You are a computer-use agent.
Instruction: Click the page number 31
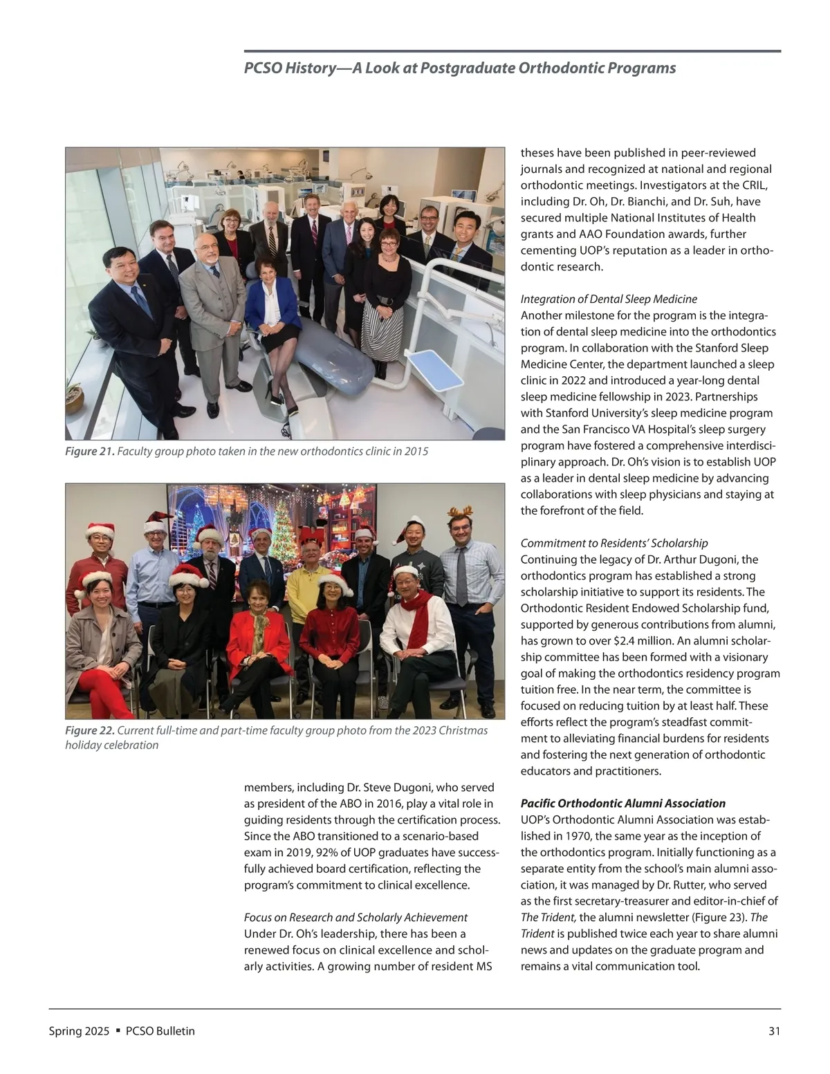774,1031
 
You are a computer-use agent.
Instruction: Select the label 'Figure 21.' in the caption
89,452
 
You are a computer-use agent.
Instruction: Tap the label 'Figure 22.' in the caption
89,731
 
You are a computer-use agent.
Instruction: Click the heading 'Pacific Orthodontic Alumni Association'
622,804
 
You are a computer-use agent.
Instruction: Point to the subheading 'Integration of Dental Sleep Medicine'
609,299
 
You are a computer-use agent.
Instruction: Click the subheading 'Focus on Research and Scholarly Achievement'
356,917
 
